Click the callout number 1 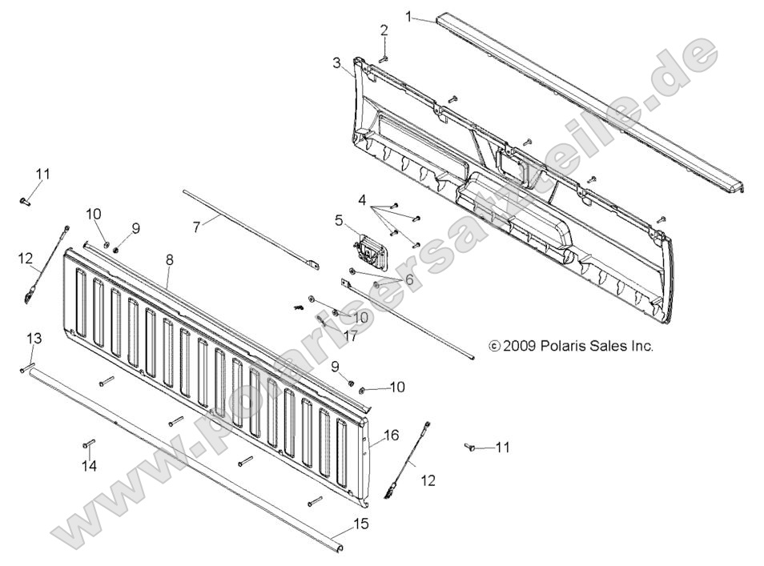click(x=409, y=15)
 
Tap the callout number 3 click(x=336, y=62)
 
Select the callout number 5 click(x=339, y=219)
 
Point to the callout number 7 click(x=195, y=227)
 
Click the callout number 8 click(x=169, y=259)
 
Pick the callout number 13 click(x=34, y=336)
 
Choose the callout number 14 click(x=89, y=466)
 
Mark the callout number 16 click(x=392, y=436)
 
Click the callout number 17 click(x=350, y=337)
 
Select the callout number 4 click(x=362, y=199)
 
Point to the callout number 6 click(x=409, y=279)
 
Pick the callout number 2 click(x=384, y=30)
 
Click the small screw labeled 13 click(x=25, y=368)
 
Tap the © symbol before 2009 click(x=494, y=347)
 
